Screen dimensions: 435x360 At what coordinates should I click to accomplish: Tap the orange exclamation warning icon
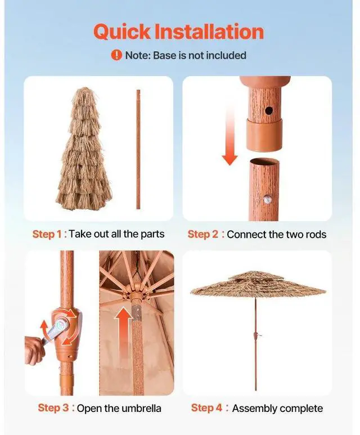116,55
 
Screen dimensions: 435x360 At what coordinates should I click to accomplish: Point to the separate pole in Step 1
138,149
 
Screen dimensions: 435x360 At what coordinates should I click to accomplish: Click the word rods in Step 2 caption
314,234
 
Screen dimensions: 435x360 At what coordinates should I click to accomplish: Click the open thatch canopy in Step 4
258,284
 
